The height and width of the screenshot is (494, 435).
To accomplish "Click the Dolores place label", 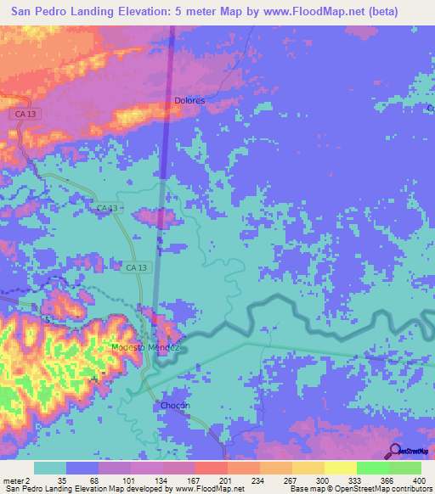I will pyautogui.click(x=190, y=100).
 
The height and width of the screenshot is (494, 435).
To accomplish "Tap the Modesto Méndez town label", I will pyautogui.click(x=146, y=348).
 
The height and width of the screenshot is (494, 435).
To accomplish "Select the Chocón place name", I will pyautogui.click(x=174, y=406).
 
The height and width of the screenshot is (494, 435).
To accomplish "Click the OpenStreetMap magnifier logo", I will pyautogui.click(x=396, y=450).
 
